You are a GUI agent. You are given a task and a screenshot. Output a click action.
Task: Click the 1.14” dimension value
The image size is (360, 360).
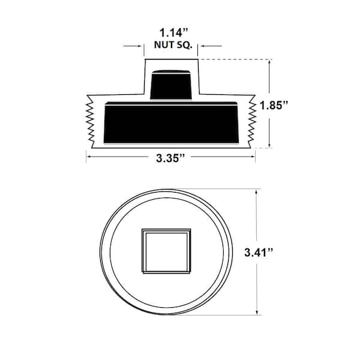(x=174, y=32)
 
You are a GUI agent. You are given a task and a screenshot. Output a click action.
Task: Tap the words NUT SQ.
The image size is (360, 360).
(x=173, y=45)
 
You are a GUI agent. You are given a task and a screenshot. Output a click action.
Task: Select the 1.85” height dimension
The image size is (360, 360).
(x=274, y=106)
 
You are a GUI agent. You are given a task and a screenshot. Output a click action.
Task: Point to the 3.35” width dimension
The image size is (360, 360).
(x=170, y=158)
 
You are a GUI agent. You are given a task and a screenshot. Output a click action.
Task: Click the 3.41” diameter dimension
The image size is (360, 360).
(x=259, y=253)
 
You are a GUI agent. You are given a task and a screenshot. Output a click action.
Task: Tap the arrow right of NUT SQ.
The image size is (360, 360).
(x=211, y=46)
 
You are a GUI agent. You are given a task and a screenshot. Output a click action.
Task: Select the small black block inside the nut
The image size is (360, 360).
(x=171, y=85)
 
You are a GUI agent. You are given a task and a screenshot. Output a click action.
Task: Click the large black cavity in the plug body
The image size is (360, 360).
(x=171, y=122)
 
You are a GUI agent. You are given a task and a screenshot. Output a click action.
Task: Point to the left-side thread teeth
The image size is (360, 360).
(x=90, y=121)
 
